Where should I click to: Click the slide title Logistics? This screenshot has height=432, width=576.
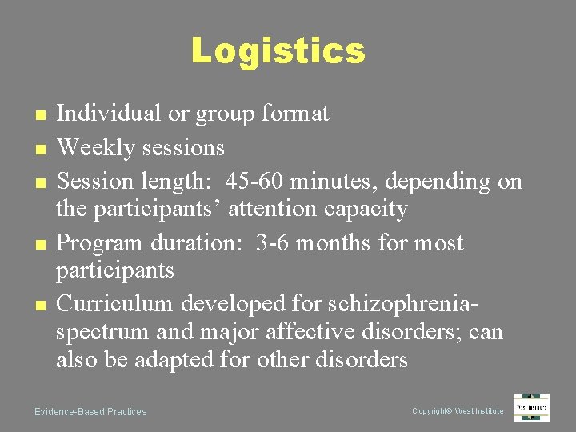[x=278, y=51]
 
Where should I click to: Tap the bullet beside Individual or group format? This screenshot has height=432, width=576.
[x=38, y=115]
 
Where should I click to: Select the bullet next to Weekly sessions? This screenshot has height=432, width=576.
[x=38, y=149]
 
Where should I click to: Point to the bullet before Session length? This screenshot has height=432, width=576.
[x=38, y=182]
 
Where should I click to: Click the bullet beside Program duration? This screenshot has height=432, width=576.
[x=38, y=244]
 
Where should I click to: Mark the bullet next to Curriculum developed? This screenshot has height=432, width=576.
[x=38, y=305]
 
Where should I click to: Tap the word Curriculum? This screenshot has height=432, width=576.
[x=115, y=304]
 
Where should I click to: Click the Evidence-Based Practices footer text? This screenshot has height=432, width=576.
[x=90, y=412]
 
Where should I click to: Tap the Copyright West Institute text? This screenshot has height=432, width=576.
[x=458, y=411]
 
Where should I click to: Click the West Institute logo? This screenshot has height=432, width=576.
[x=531, y=407]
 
